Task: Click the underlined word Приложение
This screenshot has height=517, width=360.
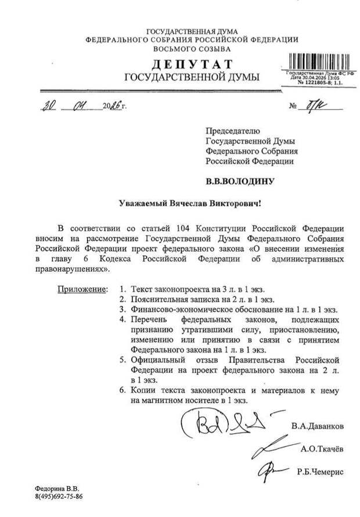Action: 82,289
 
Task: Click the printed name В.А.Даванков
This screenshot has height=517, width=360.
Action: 317,426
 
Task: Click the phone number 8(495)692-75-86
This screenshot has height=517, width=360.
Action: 57,496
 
